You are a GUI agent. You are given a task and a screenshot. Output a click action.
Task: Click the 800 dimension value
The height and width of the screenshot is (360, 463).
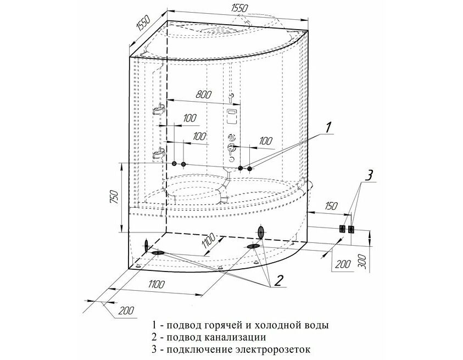(x=203, y=95)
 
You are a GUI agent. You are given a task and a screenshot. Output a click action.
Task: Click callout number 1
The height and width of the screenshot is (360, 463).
(x=328, y=128)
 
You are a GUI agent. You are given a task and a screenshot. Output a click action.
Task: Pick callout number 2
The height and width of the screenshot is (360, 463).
(x=279, y=280)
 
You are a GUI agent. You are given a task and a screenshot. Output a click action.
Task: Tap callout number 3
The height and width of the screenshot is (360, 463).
(x=369, y=175)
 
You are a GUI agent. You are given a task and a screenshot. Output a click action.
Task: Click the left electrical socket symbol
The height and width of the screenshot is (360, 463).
(x=342, y=229)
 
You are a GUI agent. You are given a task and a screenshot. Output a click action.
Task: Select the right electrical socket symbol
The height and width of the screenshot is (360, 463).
(x=352, y=229)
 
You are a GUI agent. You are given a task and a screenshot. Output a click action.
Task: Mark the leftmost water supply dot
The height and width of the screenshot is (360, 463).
(x=174, y=163)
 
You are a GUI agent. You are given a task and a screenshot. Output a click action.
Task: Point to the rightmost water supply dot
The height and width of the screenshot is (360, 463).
(x=250, y=169)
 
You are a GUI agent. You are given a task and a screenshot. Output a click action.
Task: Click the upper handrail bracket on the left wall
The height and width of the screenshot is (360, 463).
(x=159, y=109)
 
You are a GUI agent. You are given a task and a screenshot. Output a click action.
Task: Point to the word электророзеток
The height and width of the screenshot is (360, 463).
(x=274, y=350)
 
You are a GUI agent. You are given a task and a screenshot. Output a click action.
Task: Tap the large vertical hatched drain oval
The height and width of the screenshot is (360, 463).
(x=261, y=232)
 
